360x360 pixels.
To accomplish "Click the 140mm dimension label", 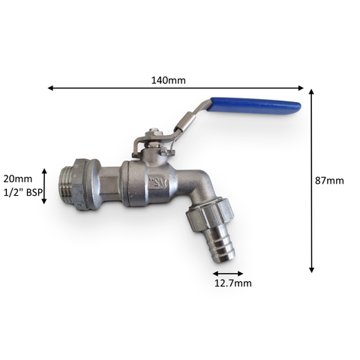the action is tap(169, 80).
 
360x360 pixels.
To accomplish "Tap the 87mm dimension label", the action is tap(329, 181).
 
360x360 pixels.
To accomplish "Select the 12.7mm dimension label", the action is tap(233, 283).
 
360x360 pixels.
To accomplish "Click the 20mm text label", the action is tap(18, 179).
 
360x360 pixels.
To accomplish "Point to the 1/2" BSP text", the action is tap(22, 193).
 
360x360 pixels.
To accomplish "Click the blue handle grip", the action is tap(255, 106).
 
